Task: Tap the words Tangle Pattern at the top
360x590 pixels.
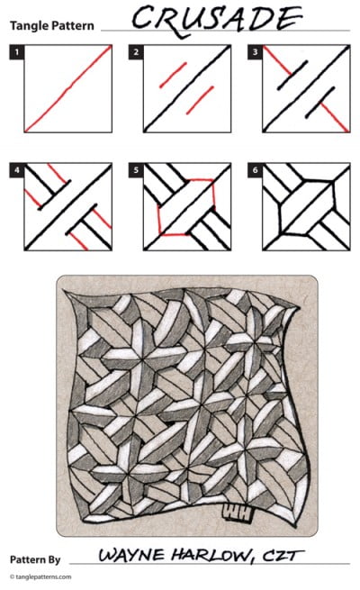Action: [x=51, y=25]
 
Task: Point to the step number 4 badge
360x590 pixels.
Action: [x=16, y=168]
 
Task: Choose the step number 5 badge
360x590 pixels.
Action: [x=136, y=168]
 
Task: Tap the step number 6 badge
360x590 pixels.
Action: [x=256, y=168]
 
